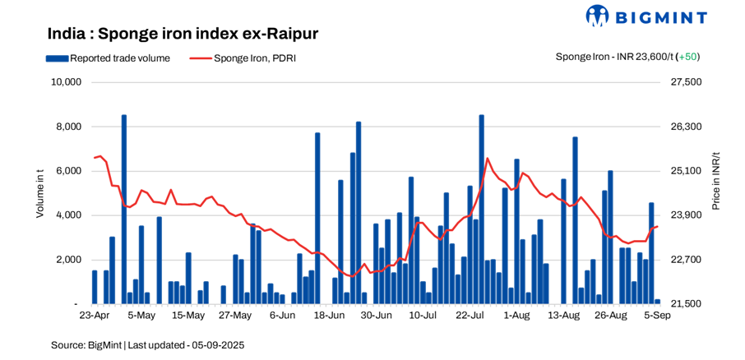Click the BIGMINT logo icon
point(597,16)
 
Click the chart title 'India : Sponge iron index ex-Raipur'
point(183,34)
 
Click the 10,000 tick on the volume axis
point(65,82)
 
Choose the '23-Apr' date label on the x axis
point(94,316)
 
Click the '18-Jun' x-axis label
point(329,316)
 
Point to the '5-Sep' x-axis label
point(658,316)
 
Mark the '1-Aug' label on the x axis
point(516,316)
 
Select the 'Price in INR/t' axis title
point(715,181)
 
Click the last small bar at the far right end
point(657,302)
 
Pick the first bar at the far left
point(95,287)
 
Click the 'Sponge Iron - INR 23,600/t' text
point(613,57)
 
